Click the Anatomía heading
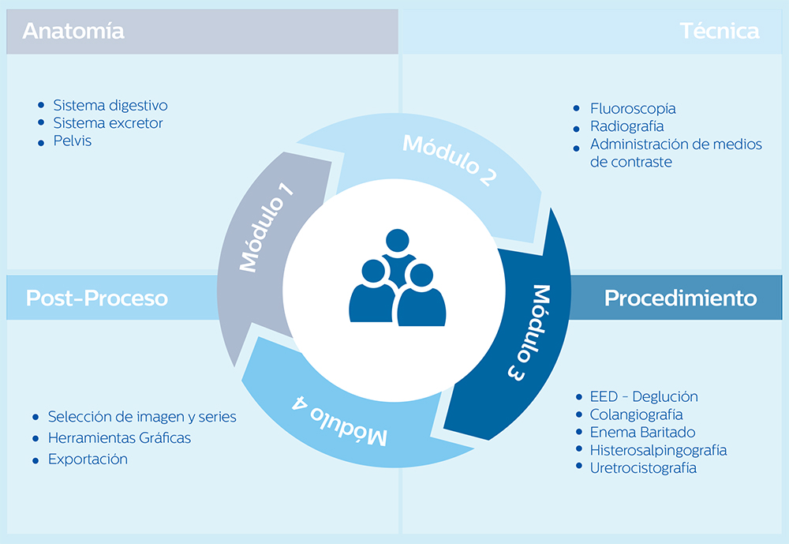pyautogui.click(x=73, y=32)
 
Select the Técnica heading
pyautogui.click(x=720, y=32)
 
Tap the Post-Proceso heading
pyautogui.click(x=97, y=298)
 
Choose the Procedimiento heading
pyautogui.click(x=680, y=298)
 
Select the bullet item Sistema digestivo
pyautogui.click(x=110, y=105)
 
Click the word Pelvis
pyautogui.click(x=73, y=141)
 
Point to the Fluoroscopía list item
pyautogui.click(x=633, y=109)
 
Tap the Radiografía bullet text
pyautogui.click(x=626, y=126)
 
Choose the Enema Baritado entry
pyautogui.click(x=642, y=432)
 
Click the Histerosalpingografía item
pyautogui.click(x=658, y=450)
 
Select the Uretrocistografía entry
pyautogui.click(x=643, y=467)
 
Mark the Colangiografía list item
pyautogui.click(x=636, y=415)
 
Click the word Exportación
pyautogui.click(x=88, y=459)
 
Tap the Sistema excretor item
pyautogui.click(x=108, y=123)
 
